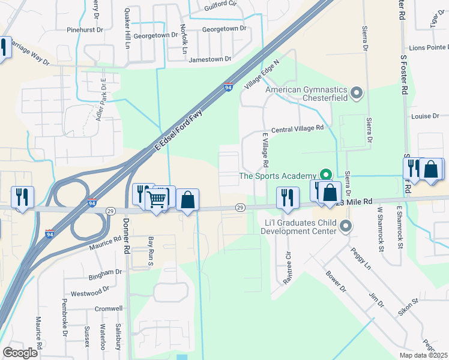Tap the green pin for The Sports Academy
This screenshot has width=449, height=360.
(x=326, y=175)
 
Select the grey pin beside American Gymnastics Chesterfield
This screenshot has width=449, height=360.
(x=357, y=93)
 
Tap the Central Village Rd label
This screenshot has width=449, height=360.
(x=297, y=128)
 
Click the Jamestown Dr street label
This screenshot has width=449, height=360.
(x=210, y=59)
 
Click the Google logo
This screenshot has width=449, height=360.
(x=20, y=352)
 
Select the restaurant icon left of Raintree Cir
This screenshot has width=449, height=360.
(x=288, y=198)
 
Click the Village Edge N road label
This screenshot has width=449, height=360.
(x=262, y=74)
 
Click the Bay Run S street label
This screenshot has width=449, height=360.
(x=151, y=251)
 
